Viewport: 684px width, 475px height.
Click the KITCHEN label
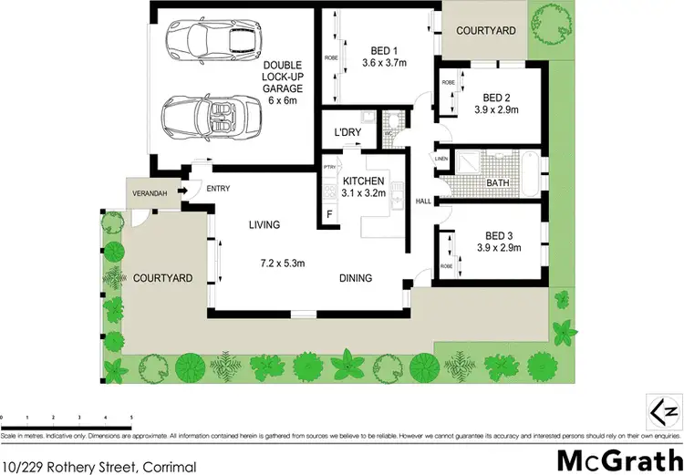(364, 181)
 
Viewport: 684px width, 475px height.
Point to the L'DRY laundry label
(348, 133)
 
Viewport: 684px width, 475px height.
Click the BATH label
(498, 183)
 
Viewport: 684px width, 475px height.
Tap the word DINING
(356, 278)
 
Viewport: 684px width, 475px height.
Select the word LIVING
(264, 224)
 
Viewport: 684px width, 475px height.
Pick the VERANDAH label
(148, 191)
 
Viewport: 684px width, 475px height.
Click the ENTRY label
(218, 189)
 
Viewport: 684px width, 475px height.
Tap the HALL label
(422, 201)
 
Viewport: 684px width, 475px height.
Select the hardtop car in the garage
(208, 41)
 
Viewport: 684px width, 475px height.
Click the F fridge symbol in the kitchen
(329, 214)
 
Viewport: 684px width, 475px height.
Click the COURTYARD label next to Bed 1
(485, 30)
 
